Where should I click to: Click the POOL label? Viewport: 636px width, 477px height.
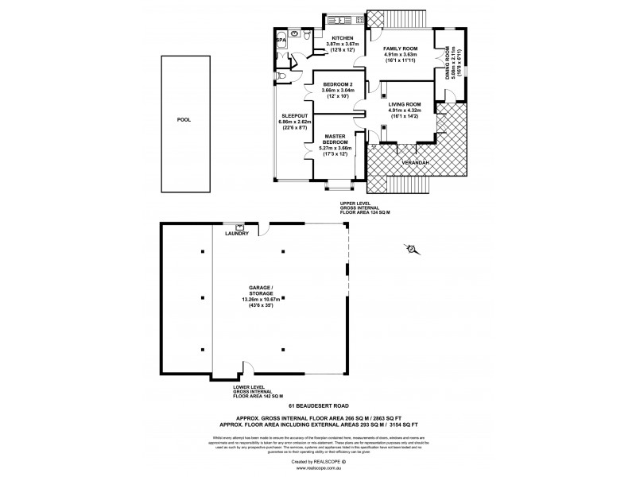coord(184,120)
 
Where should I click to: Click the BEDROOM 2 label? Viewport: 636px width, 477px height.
coord(338,83)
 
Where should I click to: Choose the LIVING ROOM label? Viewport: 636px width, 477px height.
coord(401,104)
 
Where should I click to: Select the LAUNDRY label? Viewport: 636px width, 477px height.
coord(238,234)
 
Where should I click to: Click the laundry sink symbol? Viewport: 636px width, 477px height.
coord(238,227)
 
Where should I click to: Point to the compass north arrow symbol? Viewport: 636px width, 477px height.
coord(412,250)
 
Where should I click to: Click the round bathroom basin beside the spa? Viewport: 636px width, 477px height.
coord(294,35)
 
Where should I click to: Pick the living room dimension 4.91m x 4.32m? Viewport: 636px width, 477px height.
coord(401,111)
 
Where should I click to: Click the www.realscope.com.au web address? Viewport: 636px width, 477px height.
coord(317,468)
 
